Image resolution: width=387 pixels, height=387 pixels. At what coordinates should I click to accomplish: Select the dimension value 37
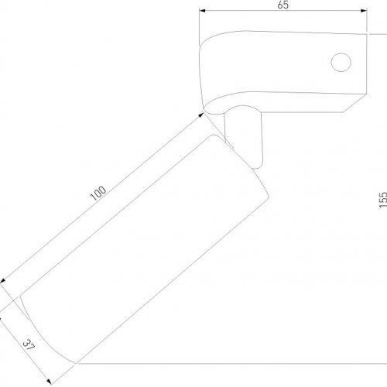point(29,344)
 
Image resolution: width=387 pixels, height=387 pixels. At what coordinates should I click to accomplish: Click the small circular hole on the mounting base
point(339,62)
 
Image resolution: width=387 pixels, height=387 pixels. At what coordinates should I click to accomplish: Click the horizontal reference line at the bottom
point(232,362)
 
